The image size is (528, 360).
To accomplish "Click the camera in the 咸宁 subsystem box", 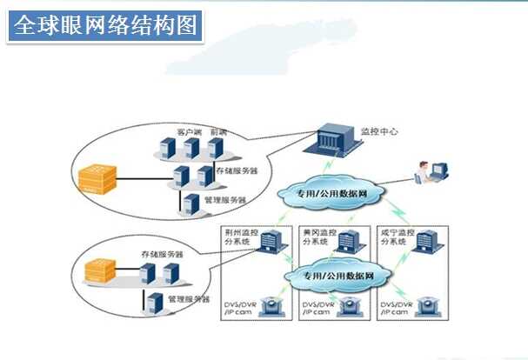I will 428,306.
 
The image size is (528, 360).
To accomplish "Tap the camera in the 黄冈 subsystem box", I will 351,306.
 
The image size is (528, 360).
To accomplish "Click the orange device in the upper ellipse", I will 94,179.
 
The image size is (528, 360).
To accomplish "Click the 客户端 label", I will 189,131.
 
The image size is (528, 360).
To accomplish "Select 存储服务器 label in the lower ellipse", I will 163,255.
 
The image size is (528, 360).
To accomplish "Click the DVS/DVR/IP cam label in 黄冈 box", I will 316,311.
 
